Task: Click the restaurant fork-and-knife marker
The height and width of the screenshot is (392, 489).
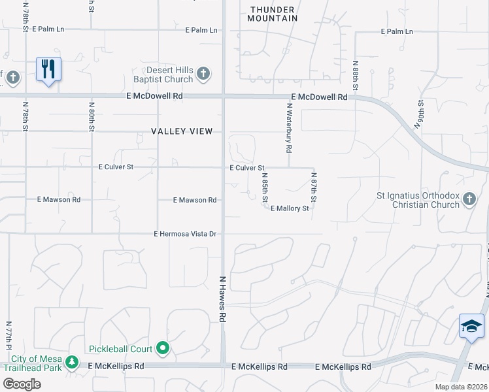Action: pos(48,69)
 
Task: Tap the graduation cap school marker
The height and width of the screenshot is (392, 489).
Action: pos(471,325)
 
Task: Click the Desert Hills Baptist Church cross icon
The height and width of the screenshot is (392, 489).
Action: pos(203,73)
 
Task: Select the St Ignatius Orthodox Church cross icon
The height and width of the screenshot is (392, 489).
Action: pos(468,199)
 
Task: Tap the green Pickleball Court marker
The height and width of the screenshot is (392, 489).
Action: pos(163,349)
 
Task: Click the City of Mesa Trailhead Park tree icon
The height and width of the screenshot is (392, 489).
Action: pos(72,361)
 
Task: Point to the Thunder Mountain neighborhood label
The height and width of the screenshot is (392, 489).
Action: pos(273,14)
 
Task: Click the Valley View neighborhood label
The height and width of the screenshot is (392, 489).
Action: pos(182,131)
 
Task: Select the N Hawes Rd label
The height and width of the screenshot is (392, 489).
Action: pos(222,298)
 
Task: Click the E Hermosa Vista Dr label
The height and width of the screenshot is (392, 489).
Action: pos(185,233)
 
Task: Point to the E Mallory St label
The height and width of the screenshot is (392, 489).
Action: pos(290,208)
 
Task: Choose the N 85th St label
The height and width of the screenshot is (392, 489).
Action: pos(265,187)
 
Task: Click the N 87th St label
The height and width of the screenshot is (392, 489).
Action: pos(314,187)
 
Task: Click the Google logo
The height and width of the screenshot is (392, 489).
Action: pos(22,384)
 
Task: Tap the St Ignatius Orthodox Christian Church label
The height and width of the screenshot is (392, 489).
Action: pos(418,199)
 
